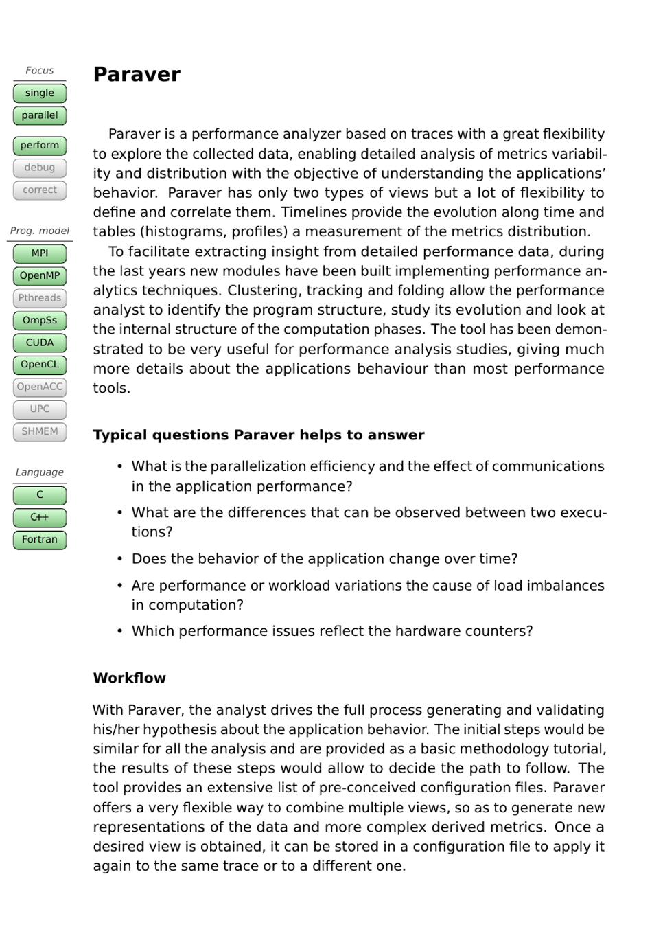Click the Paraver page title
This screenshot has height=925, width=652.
click(137, 74)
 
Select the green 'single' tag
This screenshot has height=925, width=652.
click(40, 93)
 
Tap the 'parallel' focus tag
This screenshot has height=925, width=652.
click(40, 115)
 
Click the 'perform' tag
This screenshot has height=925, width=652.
click(40, 146)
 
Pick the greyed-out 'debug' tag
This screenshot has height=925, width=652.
click(40, 168)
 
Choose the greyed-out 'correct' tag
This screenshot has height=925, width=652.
click(40, 190)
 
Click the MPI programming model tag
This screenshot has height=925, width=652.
click(40, 253)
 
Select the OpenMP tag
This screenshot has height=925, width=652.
click(40, 276)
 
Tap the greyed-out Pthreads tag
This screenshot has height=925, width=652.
click(40, 298)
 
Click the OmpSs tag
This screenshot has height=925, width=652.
click(40, 321)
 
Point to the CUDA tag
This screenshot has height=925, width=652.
click(40, 343)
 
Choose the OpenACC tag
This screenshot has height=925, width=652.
click(40, 387)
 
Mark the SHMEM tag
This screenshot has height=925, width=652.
click(40, 432)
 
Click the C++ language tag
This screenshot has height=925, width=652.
click(40, 517)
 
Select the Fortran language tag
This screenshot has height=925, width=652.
click(40, 540)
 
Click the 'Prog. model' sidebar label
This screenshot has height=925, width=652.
click(40, 231)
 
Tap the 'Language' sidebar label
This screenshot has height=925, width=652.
click(40, 472)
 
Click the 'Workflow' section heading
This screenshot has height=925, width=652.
click(130, 678)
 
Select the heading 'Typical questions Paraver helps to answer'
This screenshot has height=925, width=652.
click(259, 435)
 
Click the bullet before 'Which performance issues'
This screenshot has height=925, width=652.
click(119, 631)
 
